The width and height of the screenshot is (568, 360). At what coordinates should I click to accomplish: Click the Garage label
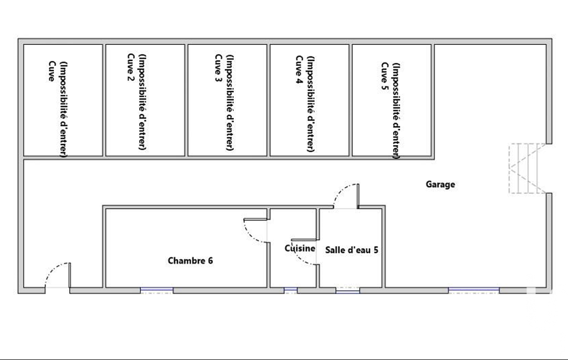tap(440, 184)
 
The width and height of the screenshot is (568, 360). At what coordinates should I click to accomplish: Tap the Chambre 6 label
tap(190, 260)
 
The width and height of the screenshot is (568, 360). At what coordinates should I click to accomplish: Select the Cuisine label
tap(300, 248)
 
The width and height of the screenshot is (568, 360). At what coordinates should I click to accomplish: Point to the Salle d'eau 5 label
tap(351, 250)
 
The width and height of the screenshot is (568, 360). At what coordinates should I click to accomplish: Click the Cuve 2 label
tap(131, 68)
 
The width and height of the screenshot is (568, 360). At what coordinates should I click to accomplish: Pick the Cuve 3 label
tap(218, 68)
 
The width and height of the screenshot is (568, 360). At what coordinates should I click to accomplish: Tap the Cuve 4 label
tap(299, 70)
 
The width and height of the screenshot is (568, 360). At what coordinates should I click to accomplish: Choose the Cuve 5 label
tap(385, 76)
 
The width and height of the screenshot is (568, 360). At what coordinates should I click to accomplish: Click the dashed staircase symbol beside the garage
tap(528, 168)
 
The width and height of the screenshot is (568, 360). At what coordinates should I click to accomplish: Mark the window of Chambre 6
tap(157, 290)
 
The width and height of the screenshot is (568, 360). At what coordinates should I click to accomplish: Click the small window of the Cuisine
tap(290, 290)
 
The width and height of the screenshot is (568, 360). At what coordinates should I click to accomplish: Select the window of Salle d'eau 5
tap(348, 290)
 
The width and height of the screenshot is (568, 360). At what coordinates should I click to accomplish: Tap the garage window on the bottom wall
tap(474, 290)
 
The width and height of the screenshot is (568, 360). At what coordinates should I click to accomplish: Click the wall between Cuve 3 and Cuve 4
tap(268, 100)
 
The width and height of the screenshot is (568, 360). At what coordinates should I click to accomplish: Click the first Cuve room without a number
tap(63, 100)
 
